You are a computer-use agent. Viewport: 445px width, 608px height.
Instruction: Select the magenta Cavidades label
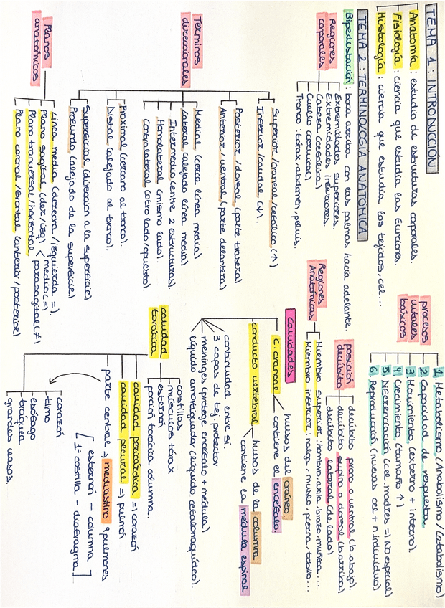[291, 341]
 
